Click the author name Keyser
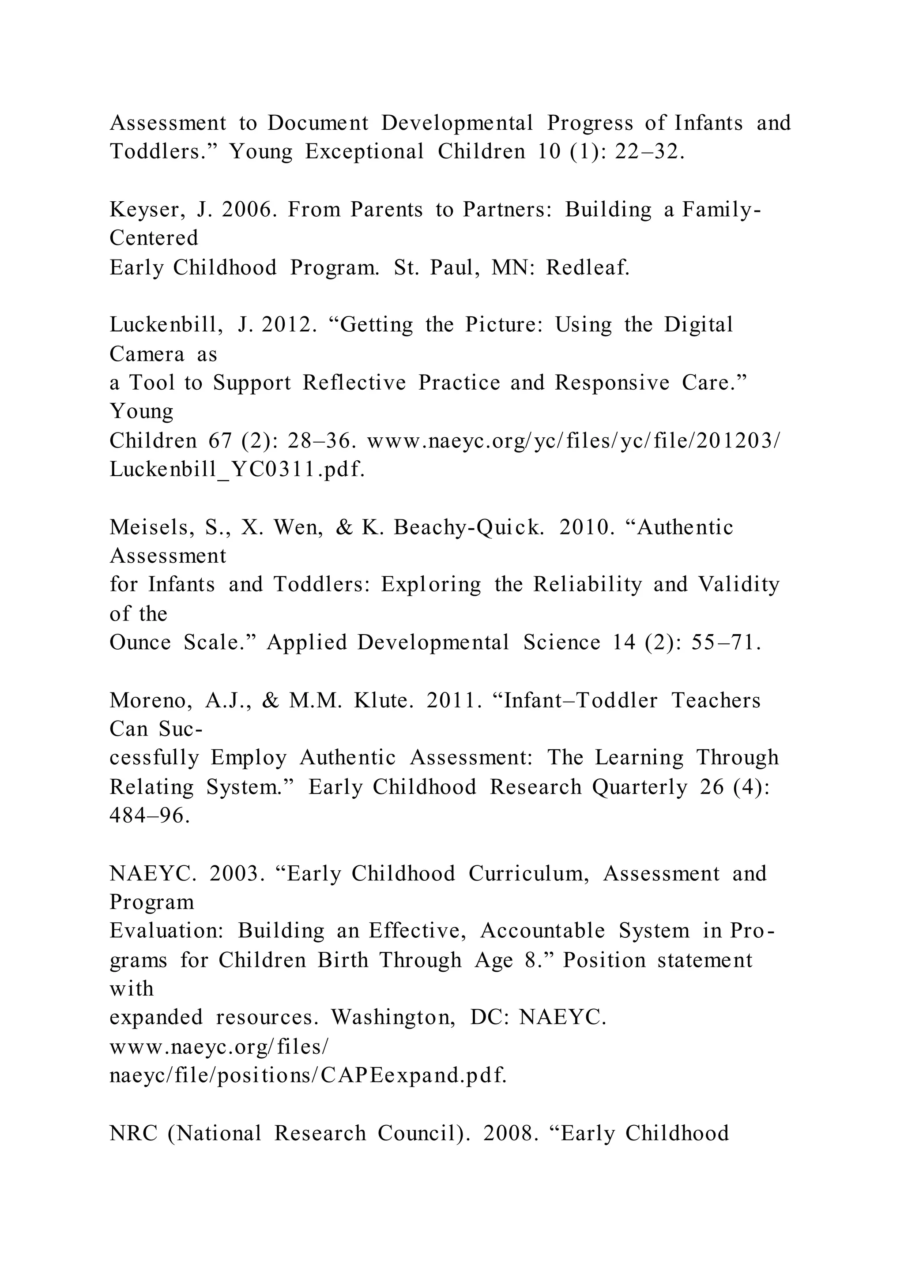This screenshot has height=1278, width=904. pyautogui.click(x=147, y=210)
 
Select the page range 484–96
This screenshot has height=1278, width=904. pyautogui.click(x=150, y=816)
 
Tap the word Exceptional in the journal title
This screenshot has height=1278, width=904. pyautogui.click(x=365, y=151)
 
